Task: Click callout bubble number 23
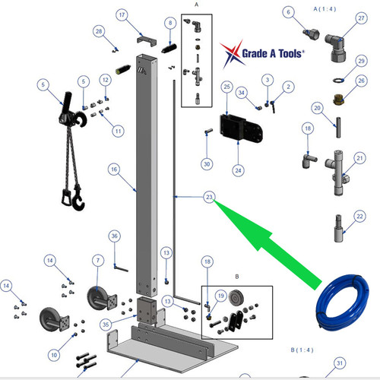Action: point(209,197)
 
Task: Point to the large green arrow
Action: point(266,243)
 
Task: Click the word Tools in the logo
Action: point(290,54)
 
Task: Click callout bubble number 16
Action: point(114,169)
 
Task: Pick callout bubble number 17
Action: point(122,15)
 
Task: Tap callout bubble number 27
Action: point(361,18)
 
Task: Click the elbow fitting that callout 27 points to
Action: point(335,48)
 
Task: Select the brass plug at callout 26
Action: point(338,100)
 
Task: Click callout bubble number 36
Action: point(115,236)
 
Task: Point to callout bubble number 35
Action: point(106,325)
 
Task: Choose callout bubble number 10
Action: point(54,355)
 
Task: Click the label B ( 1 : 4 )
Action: point(302,350)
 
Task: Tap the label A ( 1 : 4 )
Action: point(325,9)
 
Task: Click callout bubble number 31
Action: point(340,363)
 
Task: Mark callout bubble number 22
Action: point(359,217)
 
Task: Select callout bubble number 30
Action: point(207,164)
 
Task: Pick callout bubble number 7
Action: point(98,261)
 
